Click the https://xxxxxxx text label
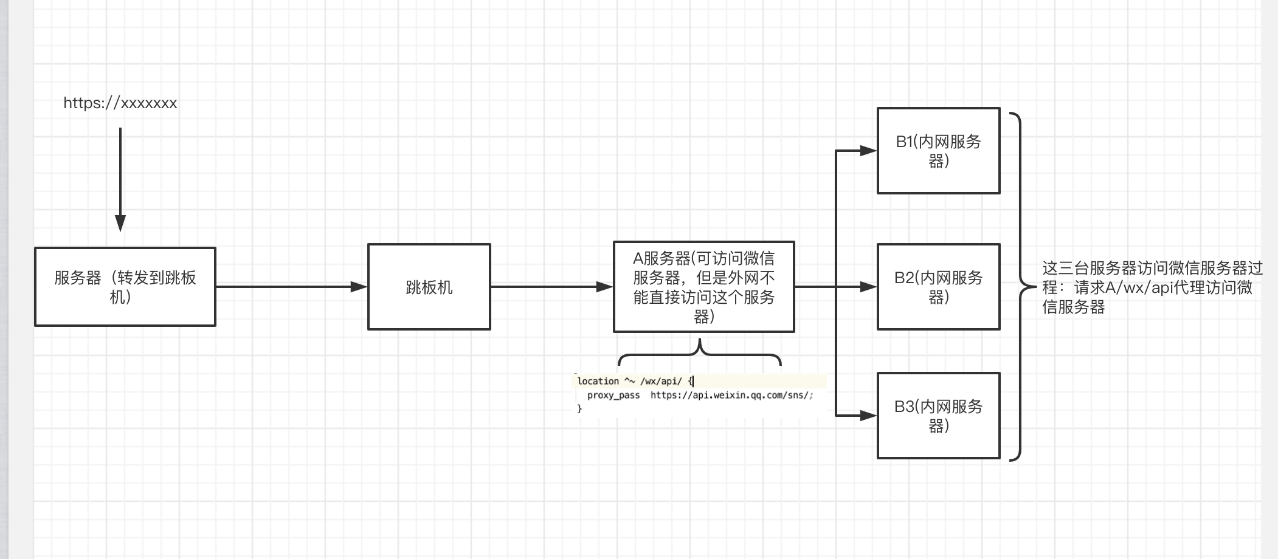click(x=120, y=103)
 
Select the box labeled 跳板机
click(x=429, y=287)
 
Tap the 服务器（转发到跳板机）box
click(x=125, y=287)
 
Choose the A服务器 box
click(x=703, y=287)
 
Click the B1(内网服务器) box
click(x=938, y=151)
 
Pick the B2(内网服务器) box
click(x=938, y=287)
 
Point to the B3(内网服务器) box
click(x=938, y=416)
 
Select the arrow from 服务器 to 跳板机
click(x=292, y=286)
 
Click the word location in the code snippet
click(x=598, y=381)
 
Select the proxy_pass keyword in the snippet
click(x=613, y=396)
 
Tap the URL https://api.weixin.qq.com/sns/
click(x=731, y=396)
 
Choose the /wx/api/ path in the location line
click(x=661, y=381)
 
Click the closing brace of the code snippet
click(x=579, y=409)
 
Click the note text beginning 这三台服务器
click(x=1152, y=287)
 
